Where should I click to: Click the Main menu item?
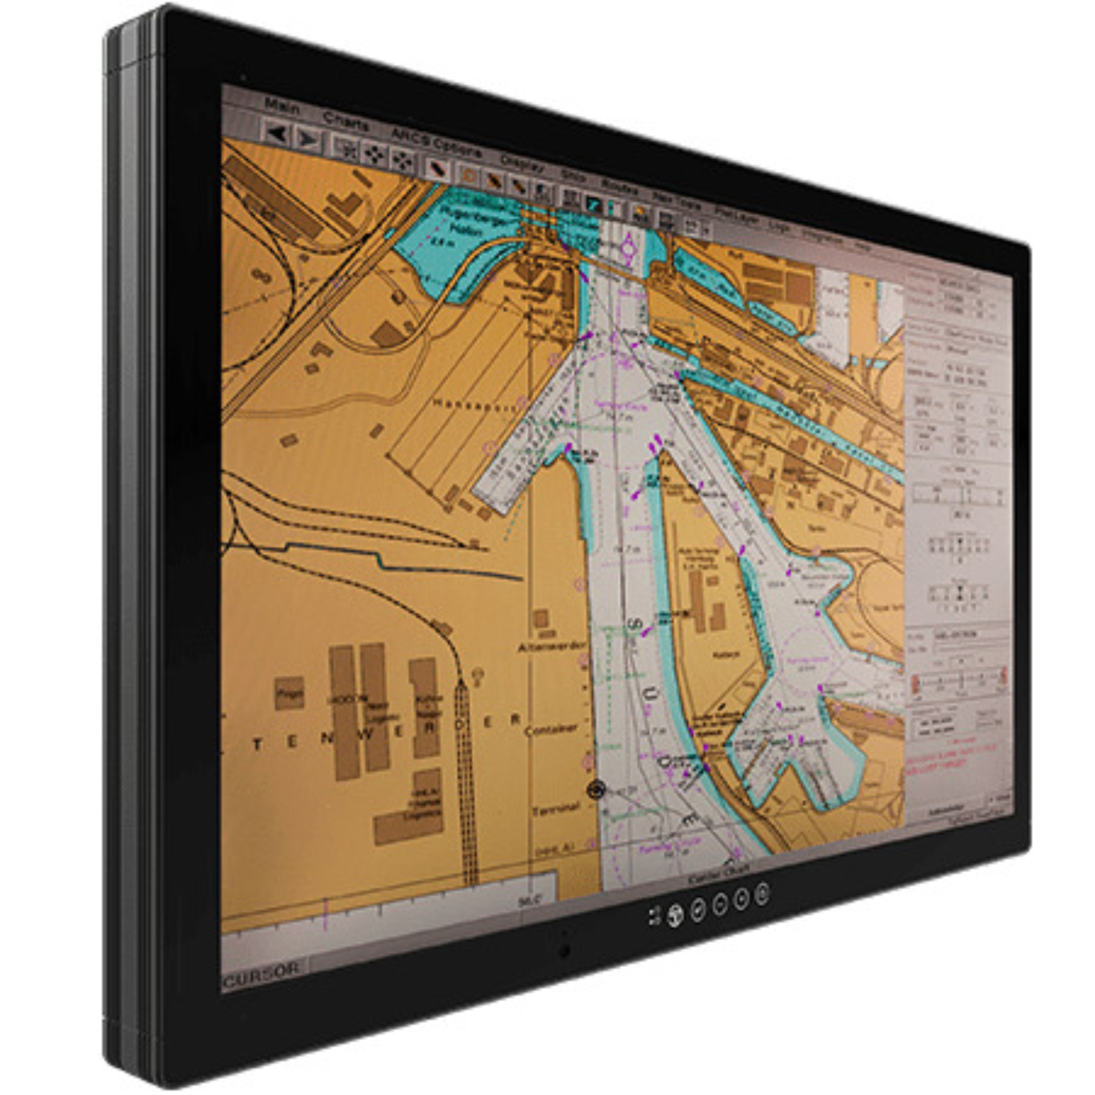coord(282,108)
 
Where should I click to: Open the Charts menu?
coord(346,122)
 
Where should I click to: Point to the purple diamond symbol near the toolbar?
coord(628,248)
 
